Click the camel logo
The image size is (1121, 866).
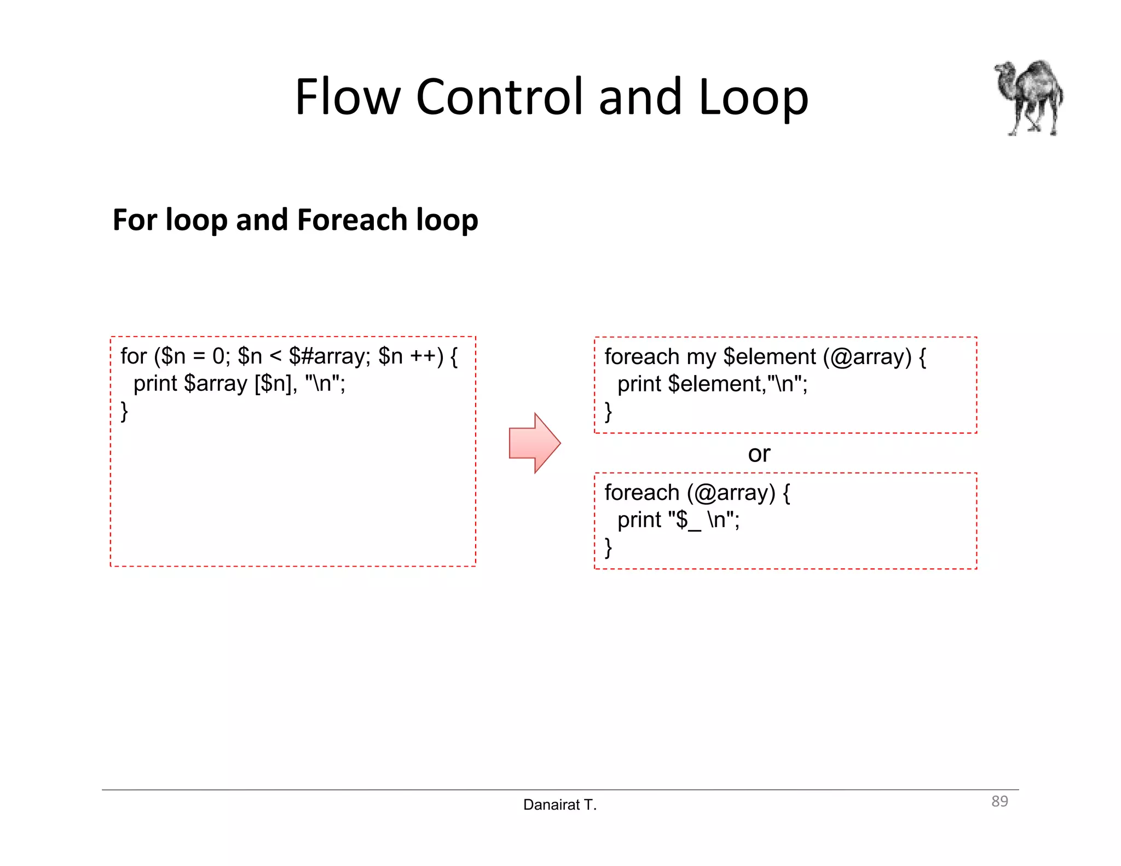click(x=1029, y=97)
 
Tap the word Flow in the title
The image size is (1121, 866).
click(x=348, y=97)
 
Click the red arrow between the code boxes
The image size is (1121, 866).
click(x=534, y=443)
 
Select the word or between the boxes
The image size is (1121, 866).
click(x=759, y=454)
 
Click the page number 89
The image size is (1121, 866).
click(x=999, y=801)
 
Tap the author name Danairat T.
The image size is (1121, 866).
click(x=559, y=805)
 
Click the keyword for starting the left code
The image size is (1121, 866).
click(x=133, y=356)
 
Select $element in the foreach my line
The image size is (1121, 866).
click(x=769, y=357)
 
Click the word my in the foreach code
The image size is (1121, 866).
click(x=701, y=357)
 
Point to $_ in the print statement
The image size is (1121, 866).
click(x=688, y=520)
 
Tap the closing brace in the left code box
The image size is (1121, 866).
click(x=124, y=411)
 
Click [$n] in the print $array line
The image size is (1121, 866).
click(x=273, y=384)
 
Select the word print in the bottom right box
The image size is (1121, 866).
click(x=639, y=520)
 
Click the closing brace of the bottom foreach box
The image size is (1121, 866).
click(x=608, y=547)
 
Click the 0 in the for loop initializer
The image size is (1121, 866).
click(x=218, y=356)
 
